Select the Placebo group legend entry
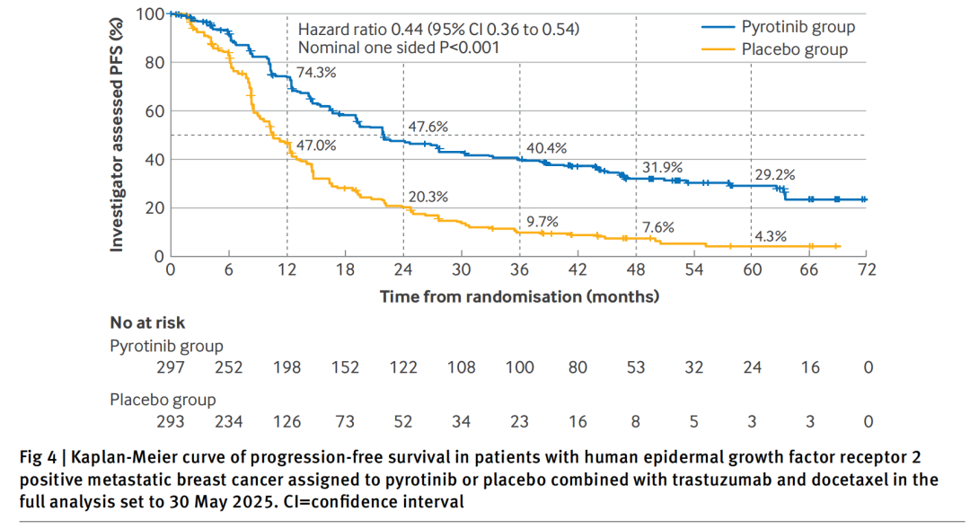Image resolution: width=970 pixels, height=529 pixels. coord(795,49)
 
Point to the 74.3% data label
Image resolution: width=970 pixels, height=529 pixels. coord(315,73)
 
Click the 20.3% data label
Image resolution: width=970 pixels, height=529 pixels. coord(428,197)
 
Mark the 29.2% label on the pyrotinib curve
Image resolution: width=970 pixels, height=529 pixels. coord(774,175)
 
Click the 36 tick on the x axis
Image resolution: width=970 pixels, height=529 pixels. coord(519,270)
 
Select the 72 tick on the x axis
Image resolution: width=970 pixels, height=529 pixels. coord(867,270)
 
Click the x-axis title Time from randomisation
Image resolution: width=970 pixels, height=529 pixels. coord(519,295)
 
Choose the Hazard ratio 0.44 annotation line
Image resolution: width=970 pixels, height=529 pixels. coord(437,29)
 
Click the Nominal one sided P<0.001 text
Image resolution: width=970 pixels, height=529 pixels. coord(398,48)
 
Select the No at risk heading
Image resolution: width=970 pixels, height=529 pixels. coord(147,323)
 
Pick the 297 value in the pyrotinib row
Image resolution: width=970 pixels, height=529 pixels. coord(170,367)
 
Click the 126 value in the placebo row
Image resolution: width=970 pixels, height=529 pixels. coord(287,421)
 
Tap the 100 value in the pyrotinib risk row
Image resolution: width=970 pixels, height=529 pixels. coord(519,367)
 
